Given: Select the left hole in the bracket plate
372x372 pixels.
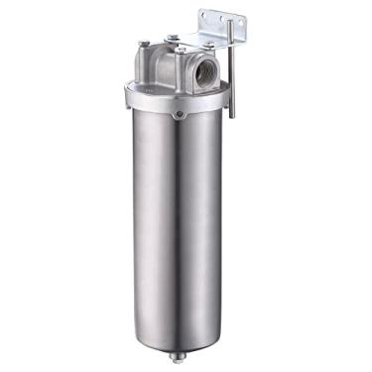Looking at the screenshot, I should (x=206, y=18).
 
